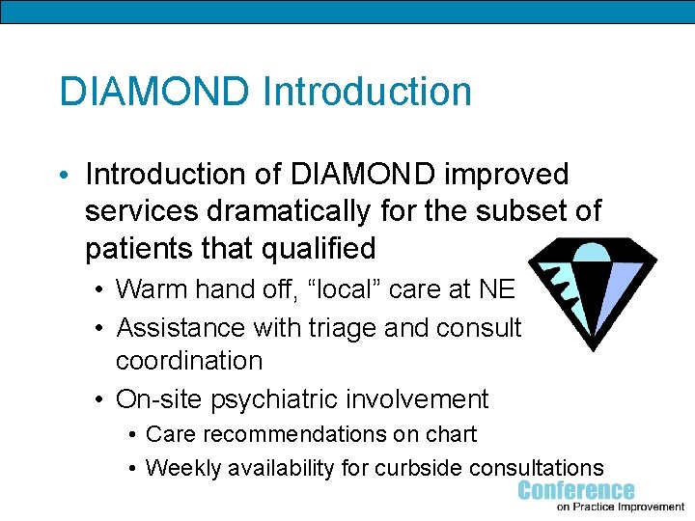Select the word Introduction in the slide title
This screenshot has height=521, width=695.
[x=367, y=92]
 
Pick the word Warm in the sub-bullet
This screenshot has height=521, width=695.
[x=150, y=288]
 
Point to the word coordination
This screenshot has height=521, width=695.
[x=189, y=361]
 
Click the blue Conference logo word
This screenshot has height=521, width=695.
[x=576, y=490]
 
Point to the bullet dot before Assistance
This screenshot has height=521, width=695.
[x=101, y=328]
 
